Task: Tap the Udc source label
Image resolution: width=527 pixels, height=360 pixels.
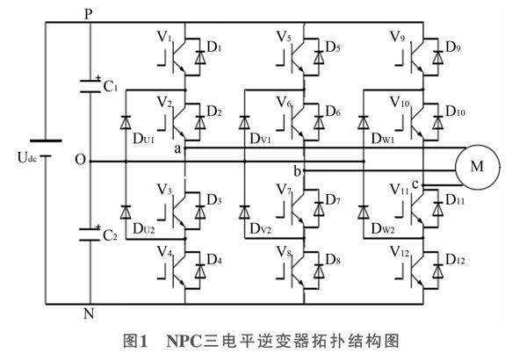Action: tap(29, 158)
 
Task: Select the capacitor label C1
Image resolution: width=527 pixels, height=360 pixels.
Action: tap(112, 89)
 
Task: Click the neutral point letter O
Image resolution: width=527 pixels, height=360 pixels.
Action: tap(81, 162)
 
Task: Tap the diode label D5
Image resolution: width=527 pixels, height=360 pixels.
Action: tap(331, 46)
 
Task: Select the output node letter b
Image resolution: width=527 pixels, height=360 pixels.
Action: tap(297, 169)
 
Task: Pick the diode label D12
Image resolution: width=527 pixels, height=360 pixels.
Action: tap(455, 260)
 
